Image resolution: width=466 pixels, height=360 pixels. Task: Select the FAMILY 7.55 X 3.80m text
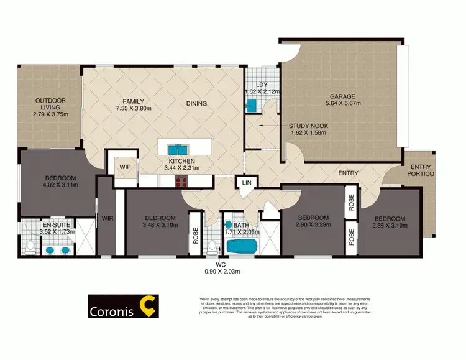(x=133, y=104)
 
